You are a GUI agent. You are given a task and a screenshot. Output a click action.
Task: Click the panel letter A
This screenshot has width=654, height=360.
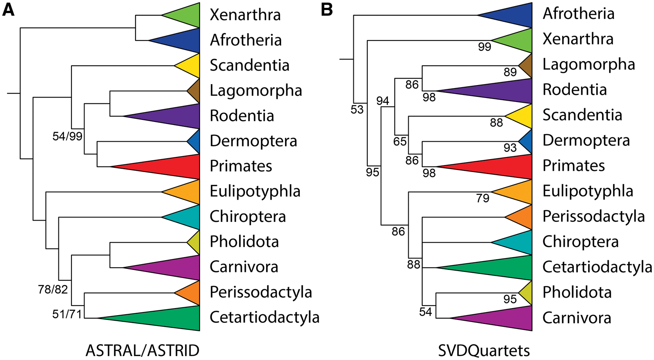point(8,10)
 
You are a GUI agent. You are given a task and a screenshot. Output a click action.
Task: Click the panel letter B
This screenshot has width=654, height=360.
point(327,10)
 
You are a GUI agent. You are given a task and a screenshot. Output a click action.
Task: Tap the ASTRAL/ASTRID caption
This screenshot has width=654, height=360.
point(142,350)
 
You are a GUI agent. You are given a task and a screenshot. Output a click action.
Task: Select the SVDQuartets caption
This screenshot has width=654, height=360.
point(484,350)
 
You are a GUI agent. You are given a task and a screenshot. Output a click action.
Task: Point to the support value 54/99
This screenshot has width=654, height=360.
point(67,136)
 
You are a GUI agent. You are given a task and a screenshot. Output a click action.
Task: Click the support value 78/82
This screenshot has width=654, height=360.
point(53,289)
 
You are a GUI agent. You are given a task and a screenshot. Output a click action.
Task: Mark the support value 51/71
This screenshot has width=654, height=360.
point(67,314)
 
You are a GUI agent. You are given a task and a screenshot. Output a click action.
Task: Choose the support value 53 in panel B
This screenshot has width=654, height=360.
point(357,110)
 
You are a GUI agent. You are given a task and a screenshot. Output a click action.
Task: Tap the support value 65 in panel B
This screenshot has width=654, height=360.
point(400,141)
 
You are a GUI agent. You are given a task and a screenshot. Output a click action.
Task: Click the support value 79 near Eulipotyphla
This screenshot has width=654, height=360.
point(482,199)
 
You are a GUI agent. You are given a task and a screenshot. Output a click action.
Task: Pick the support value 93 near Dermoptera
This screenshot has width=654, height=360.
point(510,148)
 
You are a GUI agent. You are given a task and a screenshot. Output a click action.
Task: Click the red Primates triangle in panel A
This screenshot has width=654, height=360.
point(170,166)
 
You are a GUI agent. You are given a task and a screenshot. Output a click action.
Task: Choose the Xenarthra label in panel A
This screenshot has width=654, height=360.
point(245,15)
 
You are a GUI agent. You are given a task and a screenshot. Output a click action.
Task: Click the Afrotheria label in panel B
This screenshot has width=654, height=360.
point(578,14)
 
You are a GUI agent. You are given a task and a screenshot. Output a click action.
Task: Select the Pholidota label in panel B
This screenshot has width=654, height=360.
point(577,292)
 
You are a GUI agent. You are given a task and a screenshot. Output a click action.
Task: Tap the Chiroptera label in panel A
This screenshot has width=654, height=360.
point(247,217)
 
